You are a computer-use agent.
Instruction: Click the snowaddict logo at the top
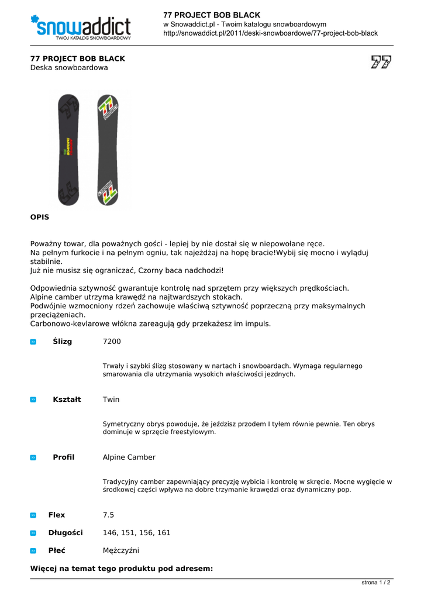(x=81, y=27)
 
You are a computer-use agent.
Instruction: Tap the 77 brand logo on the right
(x=381, y=62)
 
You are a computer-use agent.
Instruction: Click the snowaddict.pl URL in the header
(x=270, y=33)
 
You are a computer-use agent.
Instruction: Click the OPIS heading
(x=40, y=217)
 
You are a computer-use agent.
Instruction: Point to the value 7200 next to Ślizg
(x=112, y=341)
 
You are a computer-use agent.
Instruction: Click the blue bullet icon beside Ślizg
(x=33, y=342)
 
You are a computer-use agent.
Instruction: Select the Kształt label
(x=67, y=400)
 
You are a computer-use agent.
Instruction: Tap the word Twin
(x=111, y=400)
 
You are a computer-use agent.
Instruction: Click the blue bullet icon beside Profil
(x=33, y=457)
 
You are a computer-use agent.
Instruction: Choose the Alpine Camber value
(x=129, y=457)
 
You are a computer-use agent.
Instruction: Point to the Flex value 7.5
(x=108, y=515)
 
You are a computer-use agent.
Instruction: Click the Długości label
(x=66, y=533)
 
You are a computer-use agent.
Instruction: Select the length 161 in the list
(x=164, y=533)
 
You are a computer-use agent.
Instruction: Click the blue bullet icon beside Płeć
(x=33, y=550)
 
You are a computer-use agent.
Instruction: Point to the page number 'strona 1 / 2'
(x=376, y=583)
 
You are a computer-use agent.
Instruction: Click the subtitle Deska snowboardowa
(x=69, y=68)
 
